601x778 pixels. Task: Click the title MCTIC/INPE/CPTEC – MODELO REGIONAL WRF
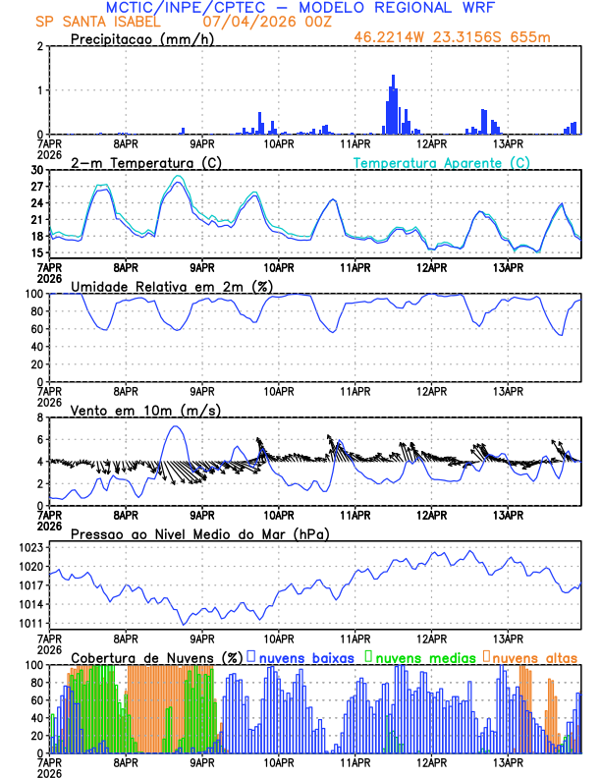300,7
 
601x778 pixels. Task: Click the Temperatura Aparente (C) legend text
442,162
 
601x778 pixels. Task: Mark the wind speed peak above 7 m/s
175,426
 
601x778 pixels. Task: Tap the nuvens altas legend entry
530,656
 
